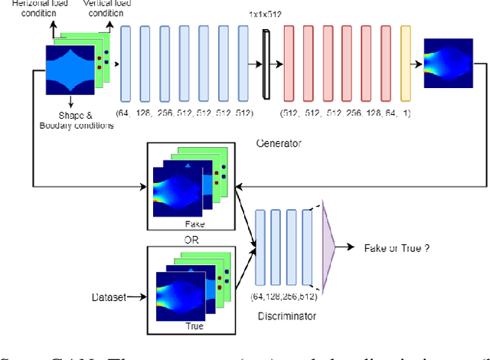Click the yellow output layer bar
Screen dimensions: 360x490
pyautogui.click(x=406, y=64)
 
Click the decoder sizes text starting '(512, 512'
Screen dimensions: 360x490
pyautogui.click(x=346, y=113)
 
